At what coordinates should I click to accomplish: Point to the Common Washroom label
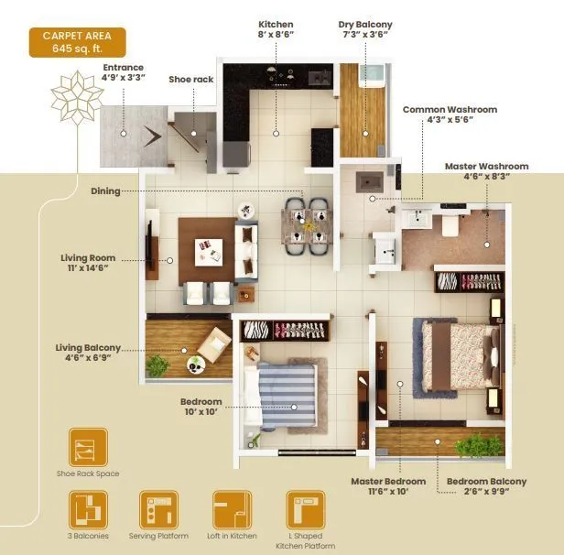(x=450, y=115)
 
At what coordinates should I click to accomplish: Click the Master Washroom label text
(x=486, y=171)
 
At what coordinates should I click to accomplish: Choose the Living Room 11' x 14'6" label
(x=88, y=265)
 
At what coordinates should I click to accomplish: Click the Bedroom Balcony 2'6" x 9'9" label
(x=486, y=487)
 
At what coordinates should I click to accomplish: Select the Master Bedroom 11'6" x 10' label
(x=389, y=487)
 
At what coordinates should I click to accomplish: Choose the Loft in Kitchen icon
(x=232, y=509)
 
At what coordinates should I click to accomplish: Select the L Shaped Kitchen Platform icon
(x=305, y=509)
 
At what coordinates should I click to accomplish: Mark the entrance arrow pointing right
(x=155, y=133)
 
